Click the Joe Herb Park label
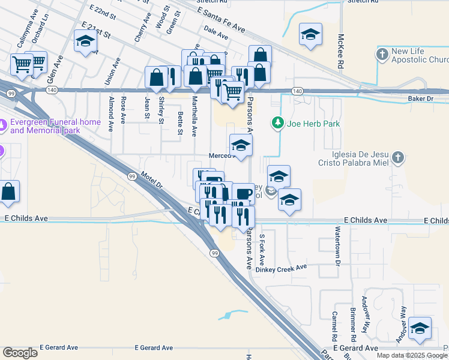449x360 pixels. pyautogui.click(x=313, y=124)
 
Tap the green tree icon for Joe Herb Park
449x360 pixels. pyautogui.click(x=277, y=124)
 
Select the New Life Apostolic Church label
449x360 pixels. pyautogui.click(x=420, y=56)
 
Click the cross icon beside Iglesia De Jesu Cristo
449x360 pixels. pyautogui.click(x=397, y=158)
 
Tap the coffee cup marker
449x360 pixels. pyautogui.click(x=243, y=194)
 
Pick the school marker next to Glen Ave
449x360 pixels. pyautogui.click(x=85, y=41)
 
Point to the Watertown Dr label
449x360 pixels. pyautogui.click(x=338, y=247)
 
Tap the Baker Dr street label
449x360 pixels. pyautogui.click(x=420, y=98)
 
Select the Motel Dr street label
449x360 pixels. pyautogui.click(x=152, y=181)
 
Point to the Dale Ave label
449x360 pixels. pyautogui.click(x=216, y=36)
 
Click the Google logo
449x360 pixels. pyautogui.click(x=20, y=353)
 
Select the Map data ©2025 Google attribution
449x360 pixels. pyautogui.click(x=412, y=355)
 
